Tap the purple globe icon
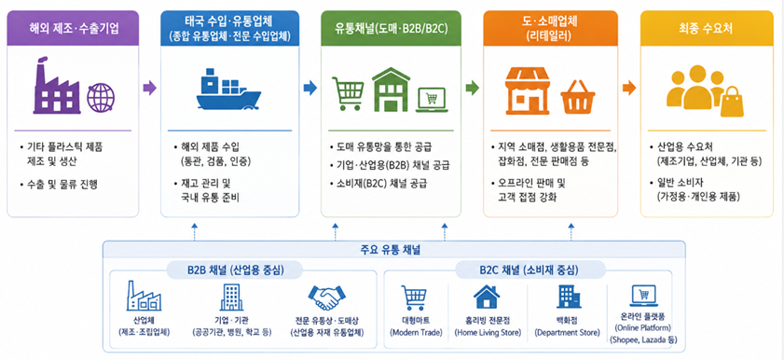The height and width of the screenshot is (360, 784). [x=101, y=97]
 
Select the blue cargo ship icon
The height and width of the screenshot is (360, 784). [x=228, y=90]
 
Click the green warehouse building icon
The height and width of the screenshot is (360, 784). [x=391, y=90]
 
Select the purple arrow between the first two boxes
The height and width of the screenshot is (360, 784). [x=149, y=89]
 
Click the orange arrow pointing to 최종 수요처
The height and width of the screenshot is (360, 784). [x=629, y=89]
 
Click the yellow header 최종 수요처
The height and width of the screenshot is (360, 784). [x=706, y=29]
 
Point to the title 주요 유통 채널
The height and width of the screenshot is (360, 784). [x=393, y=250]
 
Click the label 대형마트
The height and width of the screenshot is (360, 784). [x=415, y=321]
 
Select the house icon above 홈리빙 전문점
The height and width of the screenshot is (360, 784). [x=487, y=297]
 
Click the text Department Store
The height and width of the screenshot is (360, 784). [x=567, y=333]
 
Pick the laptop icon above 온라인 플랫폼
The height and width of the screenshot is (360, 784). [x=643, y=296]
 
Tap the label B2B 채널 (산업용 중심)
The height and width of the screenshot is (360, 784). [x=236, y=270]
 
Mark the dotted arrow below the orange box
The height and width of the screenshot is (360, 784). [x=571, y=231]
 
